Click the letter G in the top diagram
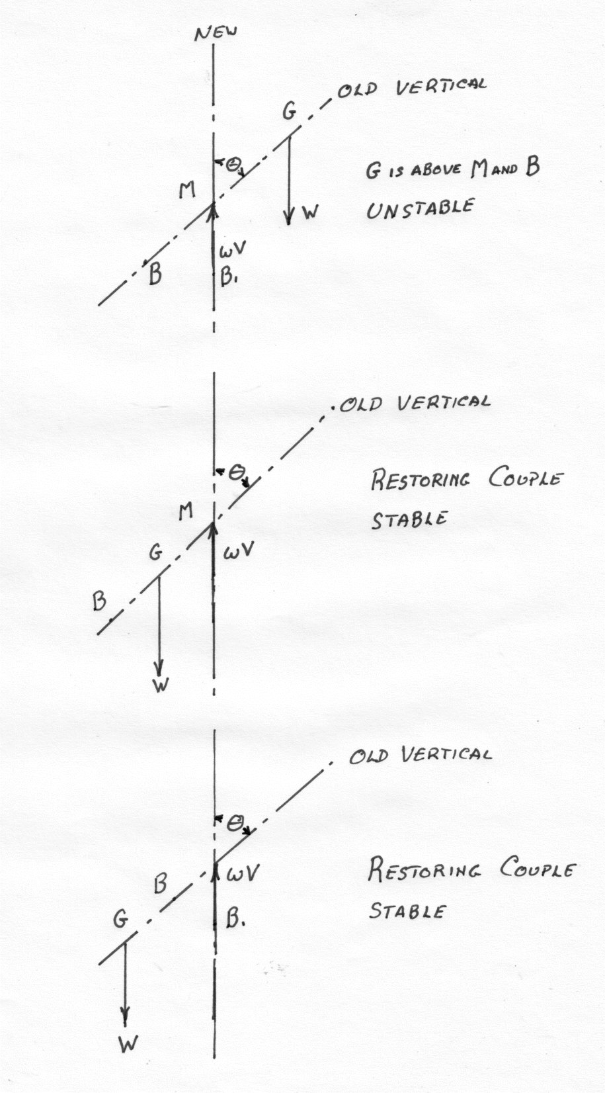pos(289,112)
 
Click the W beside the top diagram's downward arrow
pos(310,212)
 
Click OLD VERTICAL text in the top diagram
pos(413,87)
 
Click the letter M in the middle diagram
pos(186,510)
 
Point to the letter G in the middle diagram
pos(155,553)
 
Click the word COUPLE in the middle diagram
pos(526,478)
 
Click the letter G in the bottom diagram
pos(120,919)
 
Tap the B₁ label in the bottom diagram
pos(236,918)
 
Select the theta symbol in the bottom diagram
pos(233,823)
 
